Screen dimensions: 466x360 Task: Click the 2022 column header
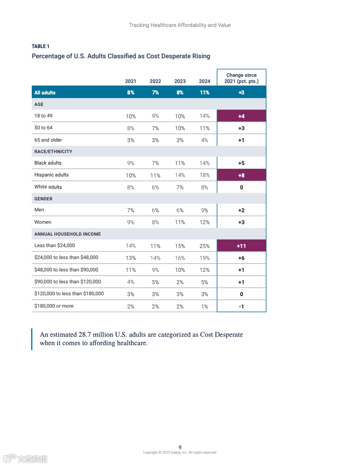coord(155,81)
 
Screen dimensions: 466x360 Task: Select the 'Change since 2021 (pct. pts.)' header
coord(241,78)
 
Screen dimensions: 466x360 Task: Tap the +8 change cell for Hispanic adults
coord(241,175)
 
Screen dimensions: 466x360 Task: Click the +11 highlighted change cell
coord(241,246)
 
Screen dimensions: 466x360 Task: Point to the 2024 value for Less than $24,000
coord(204,246)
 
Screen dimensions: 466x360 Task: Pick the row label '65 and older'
coord(48,140)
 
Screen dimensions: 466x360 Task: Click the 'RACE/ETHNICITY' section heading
coord(53,152)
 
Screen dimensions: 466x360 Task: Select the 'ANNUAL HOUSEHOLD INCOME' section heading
coord(67,234)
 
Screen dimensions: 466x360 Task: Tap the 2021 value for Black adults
coord(131,163)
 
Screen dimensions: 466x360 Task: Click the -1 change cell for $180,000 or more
coord(241,306)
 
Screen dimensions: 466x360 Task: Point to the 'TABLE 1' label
coord(41,46)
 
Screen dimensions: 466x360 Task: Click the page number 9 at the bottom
coord(180,447)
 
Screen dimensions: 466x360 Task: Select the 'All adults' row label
coord(45,93)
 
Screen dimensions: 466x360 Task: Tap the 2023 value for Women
coord(180,222)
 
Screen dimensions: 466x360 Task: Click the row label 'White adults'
coord(48,187)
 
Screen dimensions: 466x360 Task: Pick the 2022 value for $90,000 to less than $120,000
coord(155,282)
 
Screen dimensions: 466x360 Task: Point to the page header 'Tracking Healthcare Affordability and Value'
coord(180,25)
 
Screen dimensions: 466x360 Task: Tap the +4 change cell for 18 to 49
coord(241,116)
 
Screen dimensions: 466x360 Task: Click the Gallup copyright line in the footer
coord(180,452)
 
